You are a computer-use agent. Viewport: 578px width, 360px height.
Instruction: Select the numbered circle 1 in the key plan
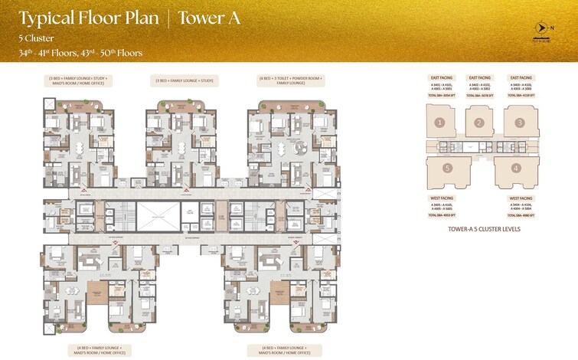[439, 123]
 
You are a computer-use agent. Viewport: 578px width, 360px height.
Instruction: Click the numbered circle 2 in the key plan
[479, 123]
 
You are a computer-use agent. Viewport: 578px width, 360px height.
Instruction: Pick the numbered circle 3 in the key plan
[519, 123]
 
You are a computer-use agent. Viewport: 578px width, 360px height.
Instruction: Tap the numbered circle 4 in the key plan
[515, 167]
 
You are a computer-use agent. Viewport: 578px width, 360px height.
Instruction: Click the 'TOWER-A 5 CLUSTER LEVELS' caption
[479, 228]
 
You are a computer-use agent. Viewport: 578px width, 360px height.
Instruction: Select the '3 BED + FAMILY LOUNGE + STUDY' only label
[185, 80]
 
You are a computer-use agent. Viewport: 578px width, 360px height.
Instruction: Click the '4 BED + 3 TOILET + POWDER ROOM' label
[290, 77]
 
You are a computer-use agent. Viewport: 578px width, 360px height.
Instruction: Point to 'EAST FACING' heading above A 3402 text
[479, 77]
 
